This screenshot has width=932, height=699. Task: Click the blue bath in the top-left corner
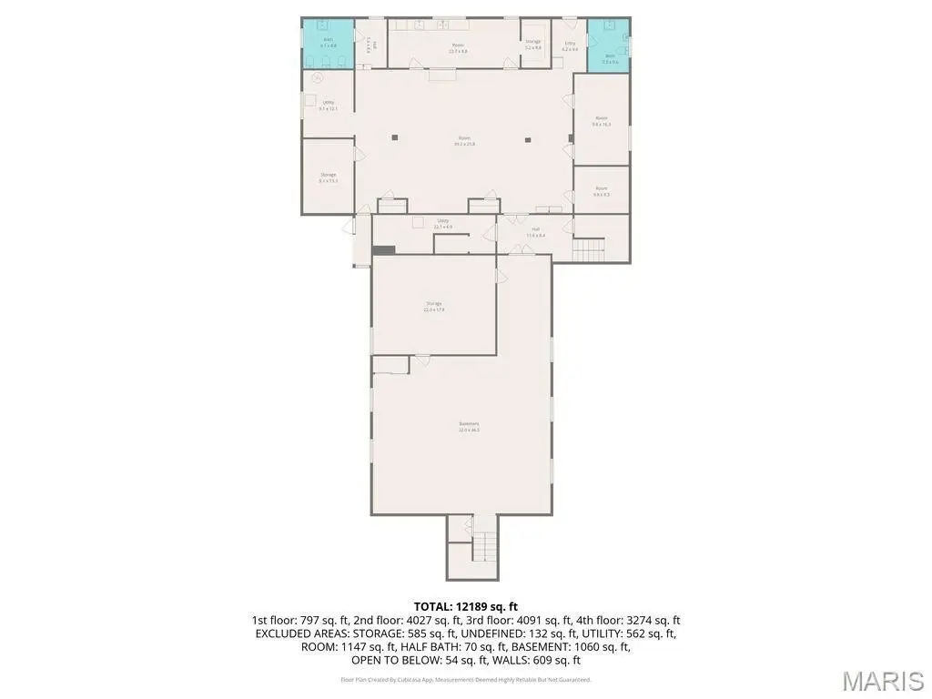[x=328, y=44]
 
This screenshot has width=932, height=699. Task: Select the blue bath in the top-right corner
[x=609, y=45]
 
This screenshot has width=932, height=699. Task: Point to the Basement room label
[x=469, y=426]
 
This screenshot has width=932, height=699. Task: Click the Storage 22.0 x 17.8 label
[x=433, y=306]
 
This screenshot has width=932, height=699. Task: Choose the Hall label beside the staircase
[x=535, y=232]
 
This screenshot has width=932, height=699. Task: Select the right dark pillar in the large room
[x=528, y=139]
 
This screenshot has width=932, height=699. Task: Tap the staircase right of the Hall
[x=589, y=248]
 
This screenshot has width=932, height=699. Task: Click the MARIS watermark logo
[x=883, y=680]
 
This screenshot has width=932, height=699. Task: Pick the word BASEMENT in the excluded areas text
[x=538, y=647]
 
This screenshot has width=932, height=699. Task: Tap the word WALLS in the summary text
[x=512, y=661]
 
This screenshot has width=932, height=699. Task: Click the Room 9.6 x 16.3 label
[x=602, y=121]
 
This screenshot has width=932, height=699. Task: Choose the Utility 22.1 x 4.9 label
[x=443, y=223]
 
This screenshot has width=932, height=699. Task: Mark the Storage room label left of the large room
[x=328, y=177]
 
